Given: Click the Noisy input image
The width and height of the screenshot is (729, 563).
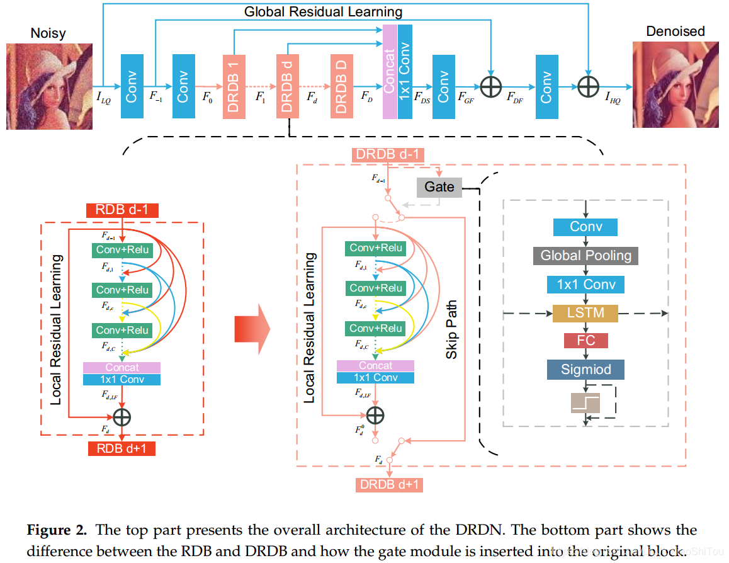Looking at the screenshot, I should pos(49,86).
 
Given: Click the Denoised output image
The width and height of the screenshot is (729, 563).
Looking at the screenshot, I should pos(675,86).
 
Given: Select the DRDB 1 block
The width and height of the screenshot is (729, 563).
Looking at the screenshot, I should pos(234,86).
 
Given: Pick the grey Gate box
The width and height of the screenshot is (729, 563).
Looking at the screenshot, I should pos(439,187).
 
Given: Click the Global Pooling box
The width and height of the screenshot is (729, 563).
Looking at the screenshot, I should pos(585,256).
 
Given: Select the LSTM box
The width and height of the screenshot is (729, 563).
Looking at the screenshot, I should pos(585,313).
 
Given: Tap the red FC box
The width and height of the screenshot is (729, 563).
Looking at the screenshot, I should pos(585,341).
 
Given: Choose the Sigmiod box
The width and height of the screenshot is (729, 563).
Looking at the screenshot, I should pos(585,370).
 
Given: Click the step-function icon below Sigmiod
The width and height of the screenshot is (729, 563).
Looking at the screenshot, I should pos(585,402).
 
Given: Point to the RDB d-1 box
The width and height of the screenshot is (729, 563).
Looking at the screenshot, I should pos(122,210).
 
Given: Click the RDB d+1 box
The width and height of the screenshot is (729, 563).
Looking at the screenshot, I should pos(122,449).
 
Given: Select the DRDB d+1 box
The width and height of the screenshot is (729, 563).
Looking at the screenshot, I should pos(388,484).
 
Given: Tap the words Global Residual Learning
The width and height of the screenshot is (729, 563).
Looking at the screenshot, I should pos(323,11).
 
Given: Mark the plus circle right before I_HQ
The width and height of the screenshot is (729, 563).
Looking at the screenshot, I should pos(588,86).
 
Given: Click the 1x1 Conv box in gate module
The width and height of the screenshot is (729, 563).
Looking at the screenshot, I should pos(585,284).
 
